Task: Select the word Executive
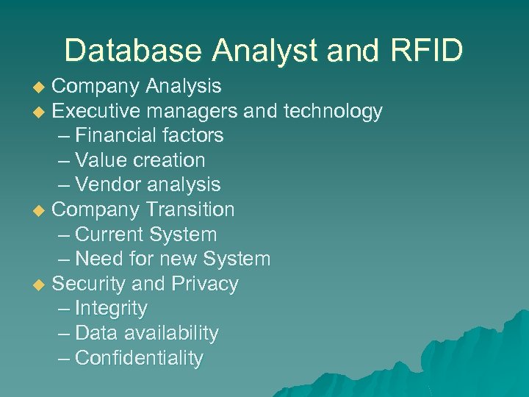pyautogui.click(x=96, y=112)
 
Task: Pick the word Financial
pyautogui.click(x=113, y=136)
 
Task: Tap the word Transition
pyautogui.click(x=190, y=210)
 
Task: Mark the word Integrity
pyautogui.click(x=111, y=309)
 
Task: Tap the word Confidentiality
pyautogui.click(x=139, y=358)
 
